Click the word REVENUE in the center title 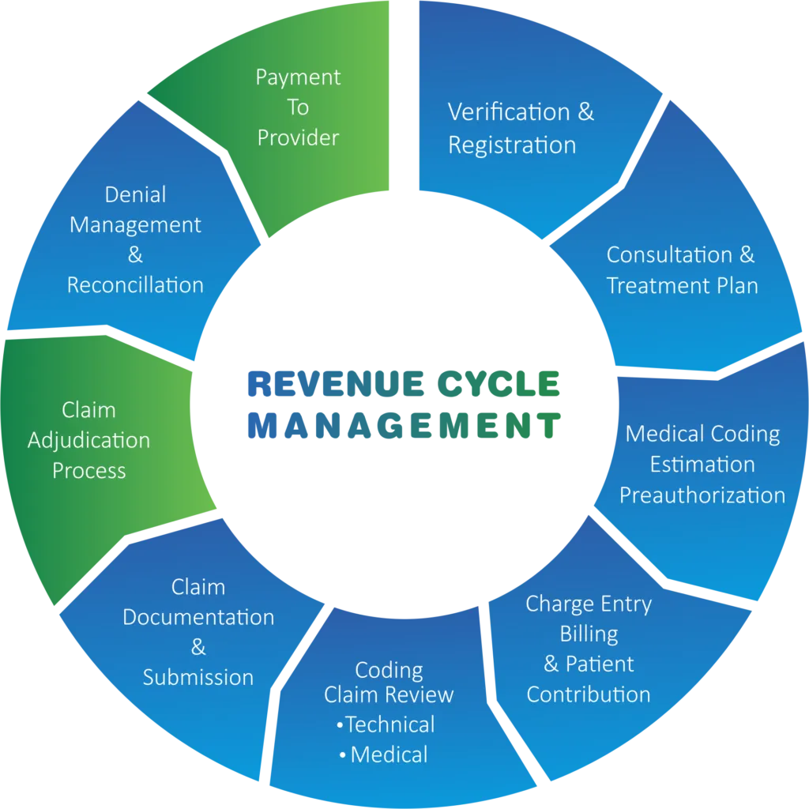click(336, 384)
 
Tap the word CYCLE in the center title click(499, 384)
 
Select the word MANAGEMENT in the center click(404, 426)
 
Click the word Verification click(509, 112)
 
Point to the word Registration click(512, 146)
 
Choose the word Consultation click(669, 255)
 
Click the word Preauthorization click(702, 495)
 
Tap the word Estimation click(702, 465)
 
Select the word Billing click(589, 634)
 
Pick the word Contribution click(588, 694)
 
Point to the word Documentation click(198, 617)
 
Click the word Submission click(198, 677)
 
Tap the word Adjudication click(88, 441)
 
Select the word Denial click(135, 194)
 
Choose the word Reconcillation click(135, 284)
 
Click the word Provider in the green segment click(298, 137)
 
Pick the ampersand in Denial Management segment click(135, 255)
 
